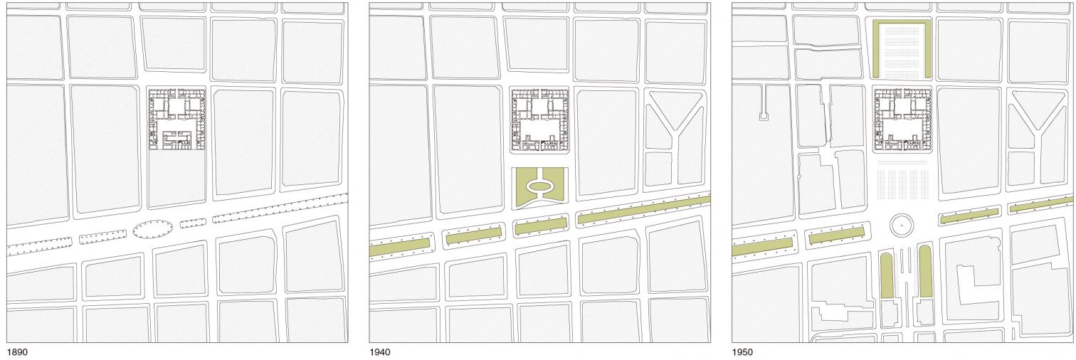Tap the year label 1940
379,352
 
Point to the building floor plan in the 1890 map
176,119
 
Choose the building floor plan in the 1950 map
902,120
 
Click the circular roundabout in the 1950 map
902,225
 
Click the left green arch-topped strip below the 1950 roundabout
887,273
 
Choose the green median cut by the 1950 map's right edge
1042,205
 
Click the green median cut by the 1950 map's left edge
762,245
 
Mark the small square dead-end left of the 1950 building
764,115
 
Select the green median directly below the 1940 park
540,226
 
